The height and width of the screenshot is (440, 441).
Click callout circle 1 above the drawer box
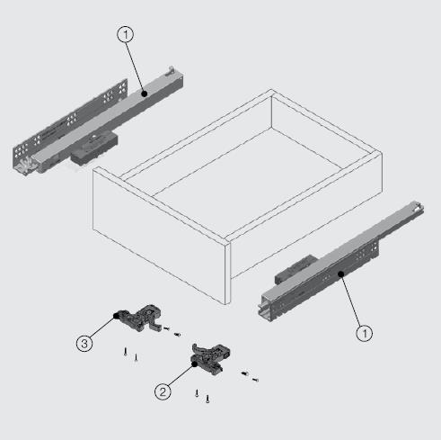click(126, 35)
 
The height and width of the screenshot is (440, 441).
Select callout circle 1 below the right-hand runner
click(365, 333)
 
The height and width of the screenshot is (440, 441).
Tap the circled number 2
click(163, 391)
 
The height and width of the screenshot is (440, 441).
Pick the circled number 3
click(84, 344)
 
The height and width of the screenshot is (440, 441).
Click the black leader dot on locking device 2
click(195, 364)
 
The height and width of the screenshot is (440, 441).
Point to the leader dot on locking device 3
click(116, 316)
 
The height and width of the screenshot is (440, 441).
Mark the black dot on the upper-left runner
click(145, 94)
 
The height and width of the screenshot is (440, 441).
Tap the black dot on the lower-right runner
click(341, 274)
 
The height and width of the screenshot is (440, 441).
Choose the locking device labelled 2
click(210, 359)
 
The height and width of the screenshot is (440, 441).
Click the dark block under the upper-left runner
click(94, 148)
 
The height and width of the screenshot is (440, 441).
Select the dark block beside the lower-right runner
click(295, 268)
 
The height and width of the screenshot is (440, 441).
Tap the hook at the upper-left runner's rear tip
click(172, 70)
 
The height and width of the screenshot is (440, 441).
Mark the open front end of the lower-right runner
click(267, 307)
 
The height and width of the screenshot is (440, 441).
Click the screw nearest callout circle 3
click(126, 351)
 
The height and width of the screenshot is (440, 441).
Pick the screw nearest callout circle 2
click(197, 393)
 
